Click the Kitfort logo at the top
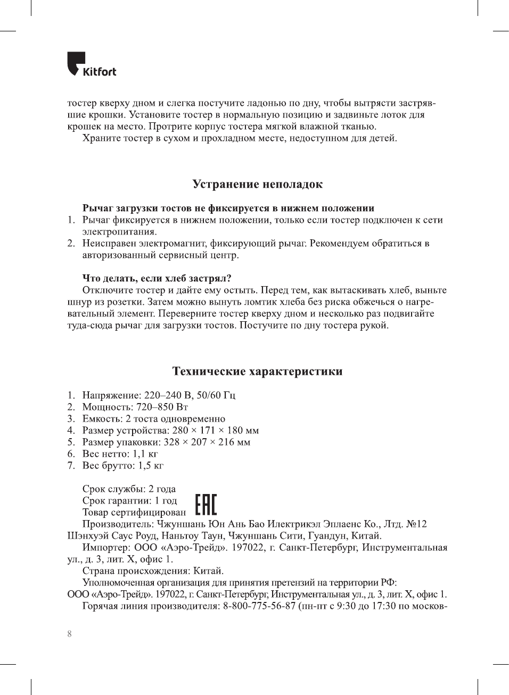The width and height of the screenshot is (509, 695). [91, 64]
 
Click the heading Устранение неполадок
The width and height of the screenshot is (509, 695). [257, 185]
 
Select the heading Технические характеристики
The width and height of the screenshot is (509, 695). [257, 371]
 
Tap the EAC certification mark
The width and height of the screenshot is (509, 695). [206, 505]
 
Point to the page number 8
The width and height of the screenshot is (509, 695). [69, 634]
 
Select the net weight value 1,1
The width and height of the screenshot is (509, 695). [138, 454]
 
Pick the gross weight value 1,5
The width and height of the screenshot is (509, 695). [144, 465]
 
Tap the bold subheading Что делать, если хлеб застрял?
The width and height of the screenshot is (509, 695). [157, 278]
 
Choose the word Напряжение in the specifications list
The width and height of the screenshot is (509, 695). [111, 395]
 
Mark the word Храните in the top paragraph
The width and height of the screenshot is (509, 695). [101, 138]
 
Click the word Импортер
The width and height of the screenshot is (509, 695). [105, 547]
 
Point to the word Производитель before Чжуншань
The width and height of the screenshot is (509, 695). [117, 524]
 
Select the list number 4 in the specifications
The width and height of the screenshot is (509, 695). [71, 430]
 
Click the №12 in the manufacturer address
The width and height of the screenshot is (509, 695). [416, 524]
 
